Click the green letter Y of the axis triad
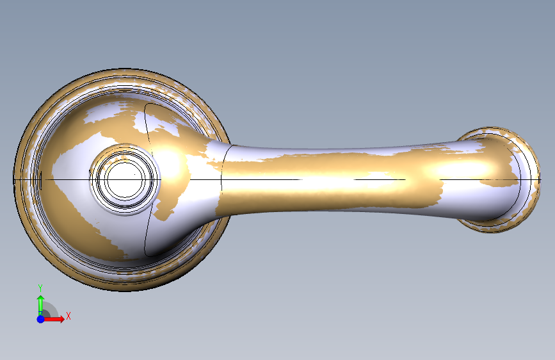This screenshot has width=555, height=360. tap(40, 288)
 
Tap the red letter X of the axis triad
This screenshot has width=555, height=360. tap(68, 316)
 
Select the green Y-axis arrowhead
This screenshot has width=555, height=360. tap(41, 299)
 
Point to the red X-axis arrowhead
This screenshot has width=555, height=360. tap(61, 319)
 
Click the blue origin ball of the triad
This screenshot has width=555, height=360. tap(41, 319)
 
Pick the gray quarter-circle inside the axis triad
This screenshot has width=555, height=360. tap(49, 311)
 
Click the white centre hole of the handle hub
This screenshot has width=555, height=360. tap(124, 179)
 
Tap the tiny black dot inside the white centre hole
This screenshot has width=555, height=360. tap(134, 174)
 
